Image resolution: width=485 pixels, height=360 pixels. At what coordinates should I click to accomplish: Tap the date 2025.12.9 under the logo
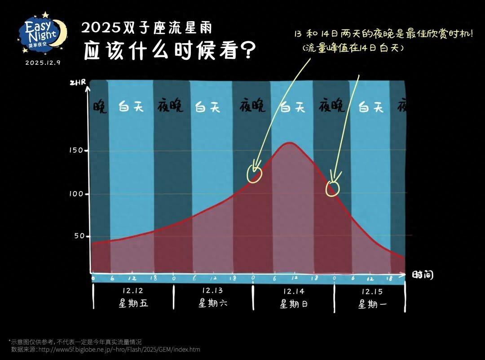pyautogui.click(x=43, y=62)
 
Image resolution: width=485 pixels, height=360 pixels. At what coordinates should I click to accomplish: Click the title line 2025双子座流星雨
pyautogui.click(x=147, y=28)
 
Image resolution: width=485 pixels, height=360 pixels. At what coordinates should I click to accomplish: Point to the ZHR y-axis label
pyautogui.click(x=77, y=83)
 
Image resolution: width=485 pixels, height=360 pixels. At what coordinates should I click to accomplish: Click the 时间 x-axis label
pyautogui.click(x=423, y=275)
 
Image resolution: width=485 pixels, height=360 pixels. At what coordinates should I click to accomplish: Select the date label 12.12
pyautogui.click(x=132, y=291)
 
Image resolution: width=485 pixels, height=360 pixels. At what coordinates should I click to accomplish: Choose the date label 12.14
pyautogui.click(x=294, y=291)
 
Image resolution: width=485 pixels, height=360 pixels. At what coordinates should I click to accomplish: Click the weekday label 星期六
pyautogui.click(x=213, y=303)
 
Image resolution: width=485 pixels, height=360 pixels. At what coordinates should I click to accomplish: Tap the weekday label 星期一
pyautogui.click(x=372, y=304)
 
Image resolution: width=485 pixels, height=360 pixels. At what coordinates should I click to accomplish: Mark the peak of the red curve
pyautogui.click(x=290, y=143)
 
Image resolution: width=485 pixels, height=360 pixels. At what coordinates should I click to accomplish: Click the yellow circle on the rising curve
pyautogui.click(x=255, y=174)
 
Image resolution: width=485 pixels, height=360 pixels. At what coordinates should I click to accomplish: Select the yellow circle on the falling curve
pyautogui.click(x=333, y=188)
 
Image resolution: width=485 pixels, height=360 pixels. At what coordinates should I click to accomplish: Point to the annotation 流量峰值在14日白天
pyautogui.click(x=353, y=47)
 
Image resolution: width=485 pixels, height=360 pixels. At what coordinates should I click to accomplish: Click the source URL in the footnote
pyautogui.click(x=119, y=349)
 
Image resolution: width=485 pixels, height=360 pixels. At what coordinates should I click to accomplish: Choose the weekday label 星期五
pyautogui.click(x=133, y=303)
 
